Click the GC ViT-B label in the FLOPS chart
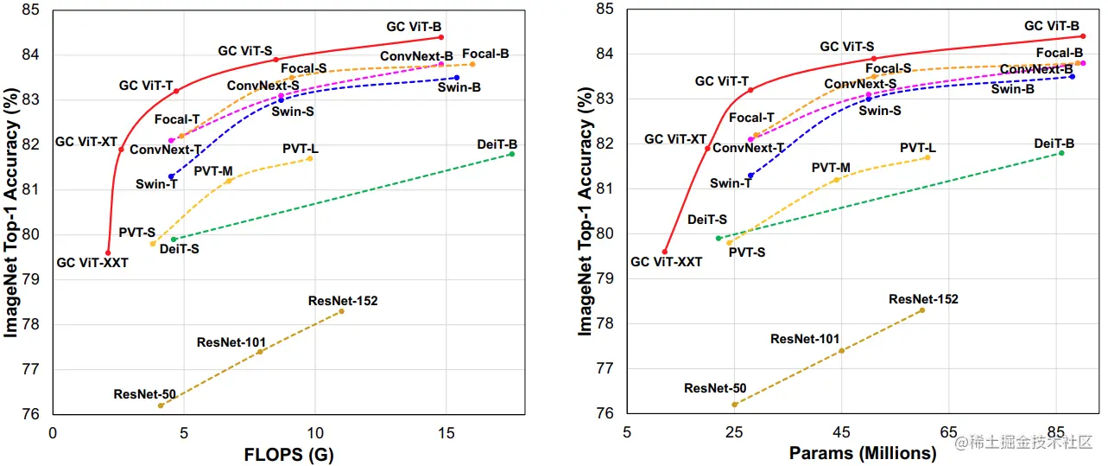click(414, 27)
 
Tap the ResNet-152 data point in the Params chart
click(922, 310)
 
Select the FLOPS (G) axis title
click(288, 454)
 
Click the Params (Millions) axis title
click(862, 453)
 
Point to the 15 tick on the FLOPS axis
click(446, 432)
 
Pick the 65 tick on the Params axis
click(949, 431)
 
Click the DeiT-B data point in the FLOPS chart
click(512, 154)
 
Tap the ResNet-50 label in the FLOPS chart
click(144, 394)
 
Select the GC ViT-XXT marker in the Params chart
click(665, 252)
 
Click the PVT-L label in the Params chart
click(917, 148)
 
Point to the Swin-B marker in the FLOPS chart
click(457, 78)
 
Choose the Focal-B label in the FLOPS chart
click(485, 54)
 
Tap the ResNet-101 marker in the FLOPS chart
click(260, 351)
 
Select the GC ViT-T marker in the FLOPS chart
click(176, 91)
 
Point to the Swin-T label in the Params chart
click(730, 183)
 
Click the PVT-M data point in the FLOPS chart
click(228, 180)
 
